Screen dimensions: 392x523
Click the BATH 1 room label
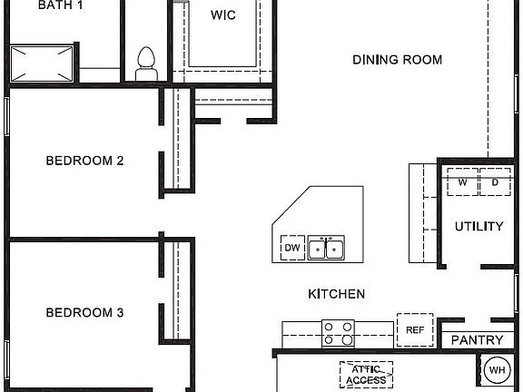[62, 5]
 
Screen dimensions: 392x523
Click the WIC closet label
[223, 15]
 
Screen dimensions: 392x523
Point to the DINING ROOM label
[397, 60]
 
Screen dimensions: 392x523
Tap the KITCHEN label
[336, 294]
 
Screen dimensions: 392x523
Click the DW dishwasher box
[291, 248]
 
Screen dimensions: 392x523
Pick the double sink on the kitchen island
[326, 247]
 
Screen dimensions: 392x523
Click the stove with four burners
[339, 333]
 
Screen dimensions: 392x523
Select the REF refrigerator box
[415, 329]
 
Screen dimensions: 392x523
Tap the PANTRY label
[477, 340]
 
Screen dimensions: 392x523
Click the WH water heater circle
[497, 370]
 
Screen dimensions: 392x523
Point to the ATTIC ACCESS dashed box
[366, 374]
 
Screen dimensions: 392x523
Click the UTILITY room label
[479, 226]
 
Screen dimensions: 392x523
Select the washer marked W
[462, 182]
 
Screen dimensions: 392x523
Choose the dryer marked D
[495, 182]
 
